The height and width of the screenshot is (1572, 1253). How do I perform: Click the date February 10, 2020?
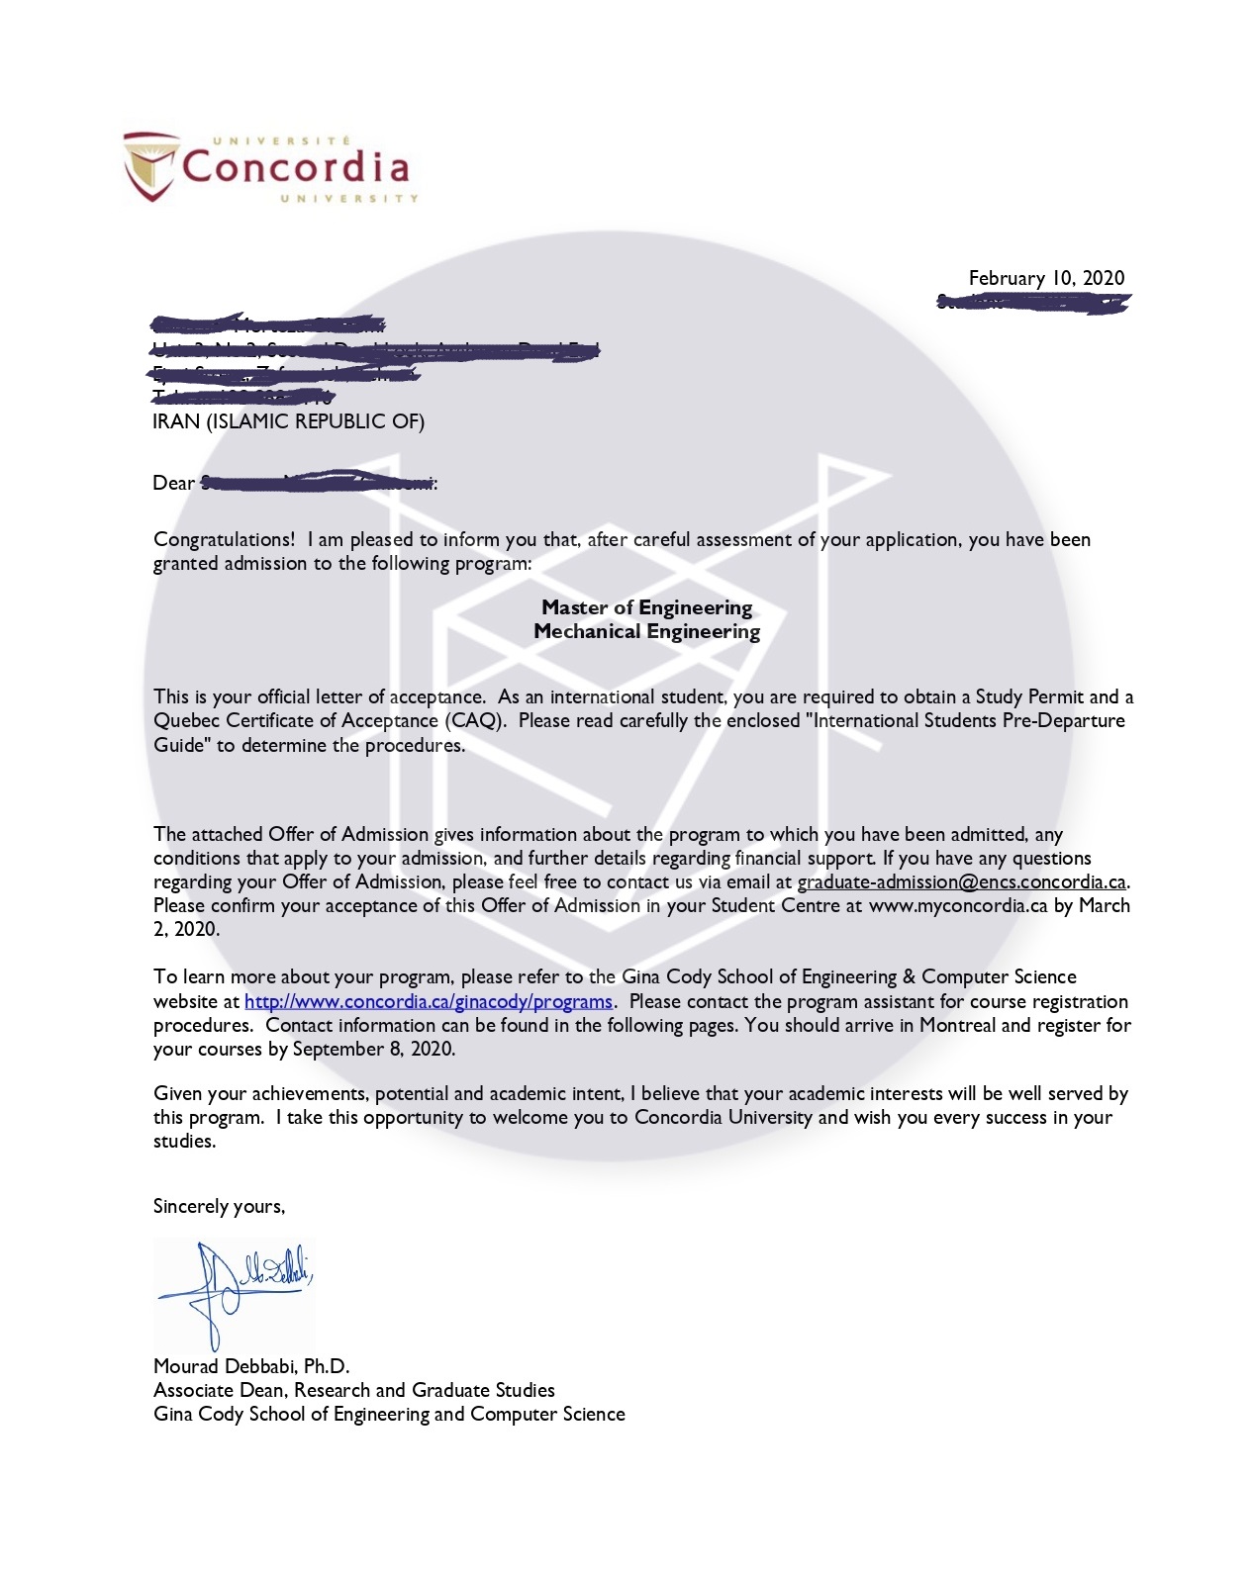(1046, 278)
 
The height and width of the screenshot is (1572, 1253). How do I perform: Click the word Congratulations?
(224, 539)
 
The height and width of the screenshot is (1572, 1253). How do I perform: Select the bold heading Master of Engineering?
(646, 607)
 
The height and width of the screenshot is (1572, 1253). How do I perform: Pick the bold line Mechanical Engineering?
(646, 631)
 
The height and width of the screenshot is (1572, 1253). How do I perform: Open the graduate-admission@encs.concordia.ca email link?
(961, 881)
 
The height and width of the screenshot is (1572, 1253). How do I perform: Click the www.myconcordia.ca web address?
(957, 905)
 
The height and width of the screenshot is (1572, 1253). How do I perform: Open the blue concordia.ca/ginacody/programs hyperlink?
(429, 1001)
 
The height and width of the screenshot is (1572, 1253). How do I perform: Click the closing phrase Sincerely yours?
(219, 1206)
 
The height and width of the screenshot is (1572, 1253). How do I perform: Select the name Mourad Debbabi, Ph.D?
(251, 1366)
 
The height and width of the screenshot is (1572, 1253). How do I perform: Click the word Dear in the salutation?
(173, 483)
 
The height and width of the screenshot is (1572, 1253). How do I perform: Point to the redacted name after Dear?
(317, 483)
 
